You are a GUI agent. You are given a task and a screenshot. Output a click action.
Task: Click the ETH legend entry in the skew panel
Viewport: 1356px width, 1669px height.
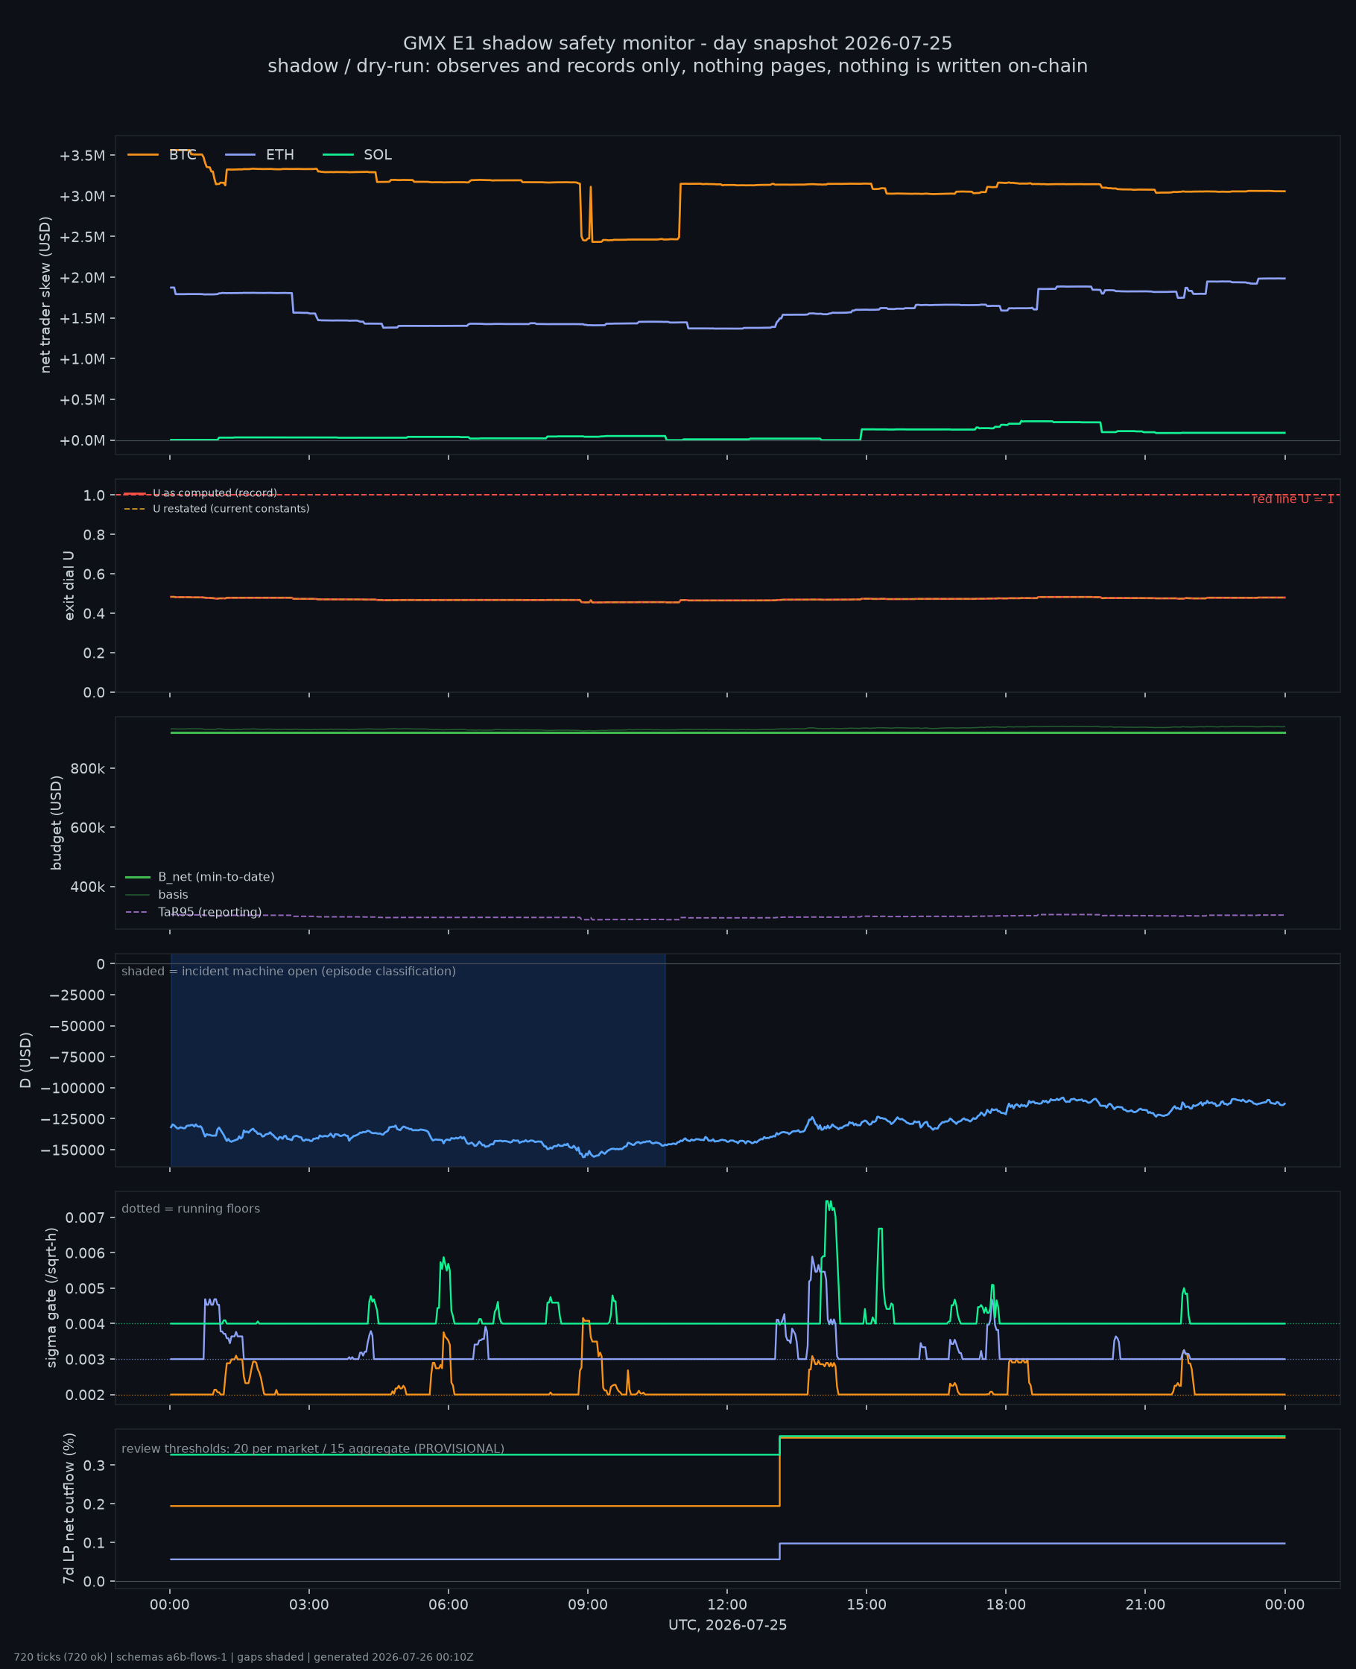tap(259, 155)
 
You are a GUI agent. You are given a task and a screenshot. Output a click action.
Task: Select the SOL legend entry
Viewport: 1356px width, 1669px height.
tap(357, 155)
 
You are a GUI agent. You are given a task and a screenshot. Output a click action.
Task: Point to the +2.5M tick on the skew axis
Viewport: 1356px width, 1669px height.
tap(82, 237)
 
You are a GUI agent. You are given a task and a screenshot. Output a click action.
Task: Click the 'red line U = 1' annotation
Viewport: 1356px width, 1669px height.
tap(1293, 499)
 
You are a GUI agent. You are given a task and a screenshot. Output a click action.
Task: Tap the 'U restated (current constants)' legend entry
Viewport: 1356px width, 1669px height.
tap(216, 508)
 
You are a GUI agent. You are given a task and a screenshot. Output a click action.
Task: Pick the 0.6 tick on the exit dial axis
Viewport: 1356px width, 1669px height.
tap(94, 574)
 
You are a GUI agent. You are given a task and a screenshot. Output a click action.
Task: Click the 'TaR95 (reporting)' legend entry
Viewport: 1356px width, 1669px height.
tap(193, 912)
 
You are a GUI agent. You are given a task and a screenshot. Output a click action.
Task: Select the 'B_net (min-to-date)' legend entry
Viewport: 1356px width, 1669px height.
tap(200, 877)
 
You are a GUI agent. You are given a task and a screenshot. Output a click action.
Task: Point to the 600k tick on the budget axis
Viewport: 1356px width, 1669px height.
tap(87, 828)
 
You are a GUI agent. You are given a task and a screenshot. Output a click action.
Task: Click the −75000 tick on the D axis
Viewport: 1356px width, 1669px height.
tap(77, 1057)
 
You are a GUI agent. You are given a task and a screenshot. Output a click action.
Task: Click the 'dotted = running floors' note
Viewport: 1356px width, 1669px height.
tap(191, 1209)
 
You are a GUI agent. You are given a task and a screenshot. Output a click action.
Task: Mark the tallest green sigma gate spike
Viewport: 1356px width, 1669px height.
tap(828, 1202)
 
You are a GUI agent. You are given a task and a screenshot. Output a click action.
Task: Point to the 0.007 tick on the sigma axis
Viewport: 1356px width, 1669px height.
tap(85, 1217)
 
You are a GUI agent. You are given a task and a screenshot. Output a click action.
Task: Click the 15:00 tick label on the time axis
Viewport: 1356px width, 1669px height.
tap(866, 1605)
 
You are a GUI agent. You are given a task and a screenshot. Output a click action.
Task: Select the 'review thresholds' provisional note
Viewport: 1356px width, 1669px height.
tap(312, 1448)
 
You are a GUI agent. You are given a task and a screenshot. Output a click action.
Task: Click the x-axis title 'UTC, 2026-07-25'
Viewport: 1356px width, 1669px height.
tap(727, 1625)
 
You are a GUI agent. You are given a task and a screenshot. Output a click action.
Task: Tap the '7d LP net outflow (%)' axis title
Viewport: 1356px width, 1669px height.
tap(69, 1509)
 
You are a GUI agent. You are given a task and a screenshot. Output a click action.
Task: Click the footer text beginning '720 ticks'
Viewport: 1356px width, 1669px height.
tap(244, 1657)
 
